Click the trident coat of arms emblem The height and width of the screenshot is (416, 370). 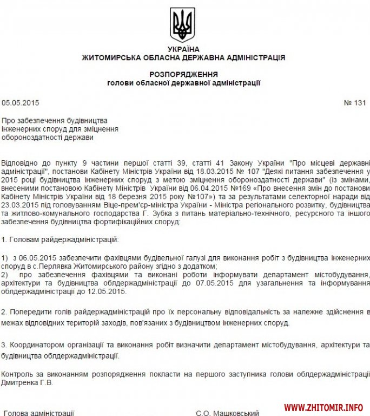pyautogui.click(x=182, y=24)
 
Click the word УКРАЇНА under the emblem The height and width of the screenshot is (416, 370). pyautogui.click(x=183, y=49)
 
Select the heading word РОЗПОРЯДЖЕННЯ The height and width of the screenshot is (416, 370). pyautogui.click(x=183, y=74)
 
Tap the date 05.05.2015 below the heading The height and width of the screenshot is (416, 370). pyautogui.click(x=21, y=102)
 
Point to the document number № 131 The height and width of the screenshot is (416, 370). pyautogui.click(x=355, y=102)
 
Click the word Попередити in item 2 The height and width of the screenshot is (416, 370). pyautogui.click(x=30, y=312)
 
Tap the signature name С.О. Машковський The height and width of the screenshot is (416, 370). pyautogui.click(x=227, y=413)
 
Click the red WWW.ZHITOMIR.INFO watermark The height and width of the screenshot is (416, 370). pyautogui.click(x=323, y=407)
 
